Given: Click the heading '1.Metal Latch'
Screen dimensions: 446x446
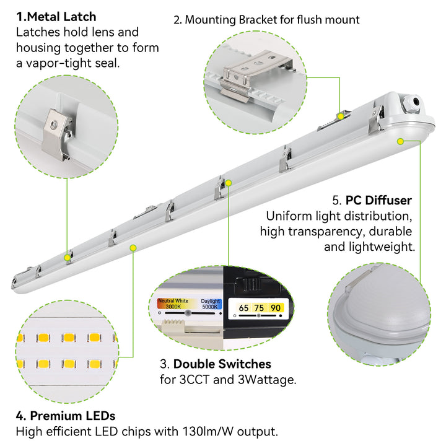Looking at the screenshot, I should coord(56,16).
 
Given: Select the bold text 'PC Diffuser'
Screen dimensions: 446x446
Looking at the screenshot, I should coord(378,200).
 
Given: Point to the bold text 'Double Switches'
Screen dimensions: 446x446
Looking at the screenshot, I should coord(222,364).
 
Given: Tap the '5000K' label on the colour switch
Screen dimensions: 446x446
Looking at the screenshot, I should coord(211,306).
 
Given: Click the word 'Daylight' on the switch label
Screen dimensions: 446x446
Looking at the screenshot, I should coord(211,300).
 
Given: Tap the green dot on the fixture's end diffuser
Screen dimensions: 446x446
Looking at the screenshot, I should coord(401,142).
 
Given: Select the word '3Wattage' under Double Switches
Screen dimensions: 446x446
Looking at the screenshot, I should coord(271,379).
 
